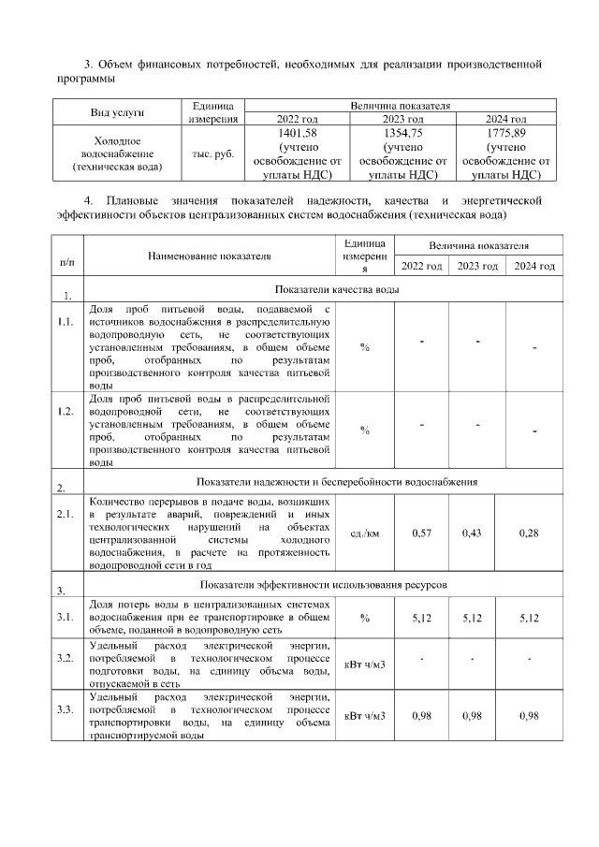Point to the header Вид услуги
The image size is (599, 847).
[x=116, y=112]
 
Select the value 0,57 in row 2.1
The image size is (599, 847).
[x=421, y=533]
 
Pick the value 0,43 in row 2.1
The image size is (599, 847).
[x=473, y=533]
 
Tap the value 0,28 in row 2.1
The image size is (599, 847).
[x=530, y=533]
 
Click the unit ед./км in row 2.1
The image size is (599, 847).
[x=364, y=533]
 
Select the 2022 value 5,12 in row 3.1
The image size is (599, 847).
[x=421, y=619]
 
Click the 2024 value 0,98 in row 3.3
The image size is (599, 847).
[x=530, y=716]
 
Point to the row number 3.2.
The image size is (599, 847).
[x=65, y=659]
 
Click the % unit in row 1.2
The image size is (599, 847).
[x=364, y=431]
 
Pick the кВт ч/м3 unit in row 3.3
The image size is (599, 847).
[x=364, y=716]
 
